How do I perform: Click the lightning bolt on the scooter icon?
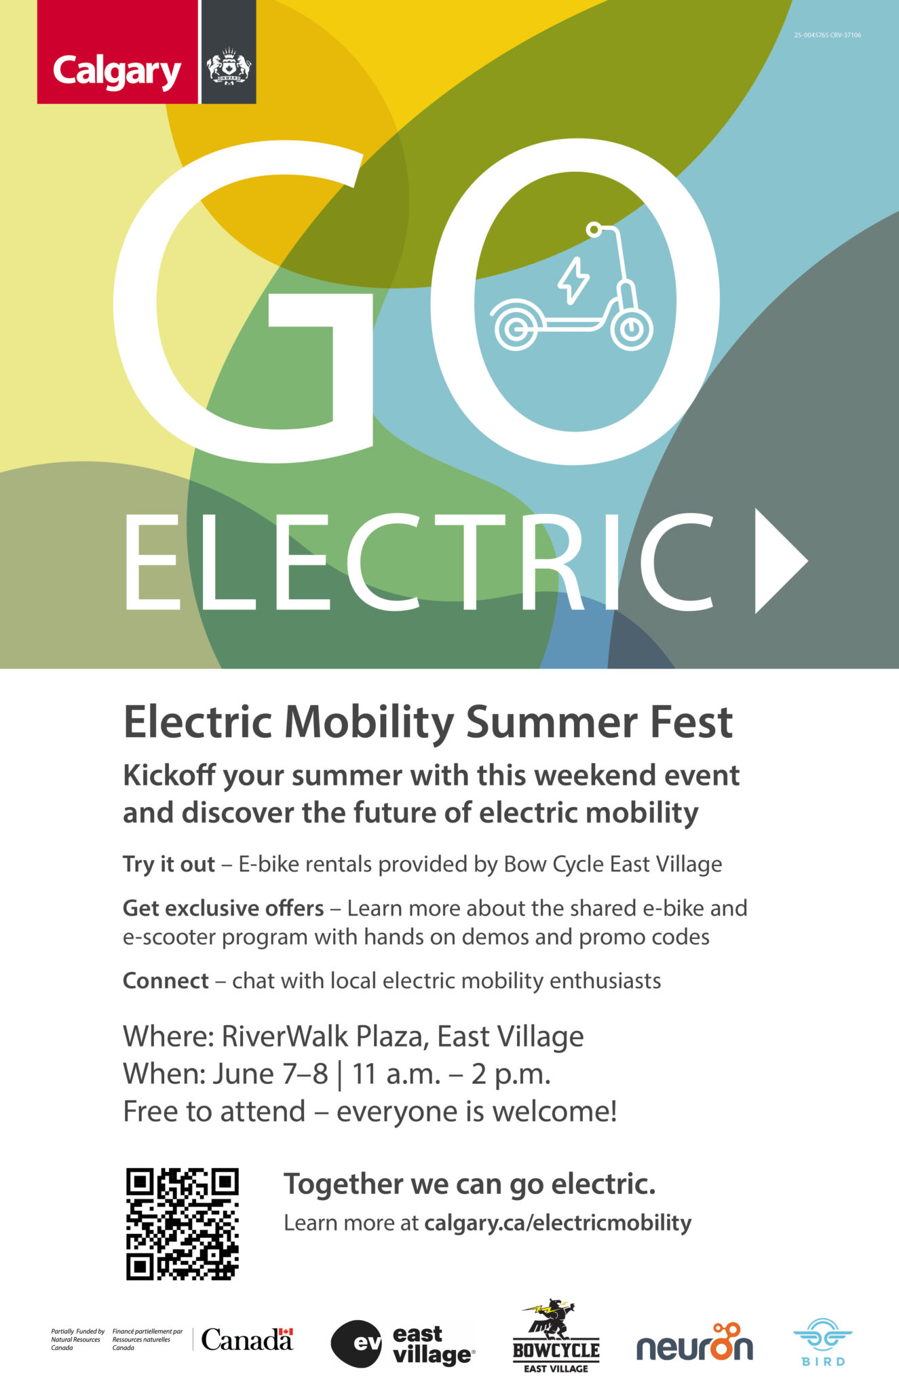coord(573,280)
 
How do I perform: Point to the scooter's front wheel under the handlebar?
coord(632,329)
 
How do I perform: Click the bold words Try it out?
coord(168,864)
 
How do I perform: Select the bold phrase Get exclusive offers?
coord(223,908)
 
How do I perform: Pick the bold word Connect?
coord(166,981)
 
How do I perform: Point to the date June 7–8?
coord(271,1074)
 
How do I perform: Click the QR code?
coord(183,1224)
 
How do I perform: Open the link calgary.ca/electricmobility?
coord(558,1223)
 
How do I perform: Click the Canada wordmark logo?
coord(247,1339)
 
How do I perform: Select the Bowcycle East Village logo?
coord(556,1336)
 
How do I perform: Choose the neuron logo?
coord(695,1342)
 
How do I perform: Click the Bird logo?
coord(823,1342)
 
